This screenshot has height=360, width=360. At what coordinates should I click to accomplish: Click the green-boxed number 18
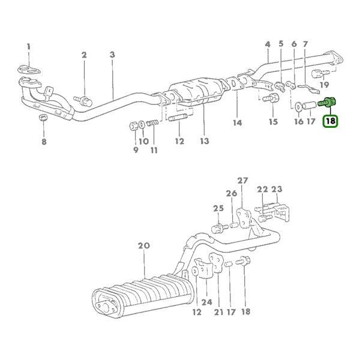tap(329, 121)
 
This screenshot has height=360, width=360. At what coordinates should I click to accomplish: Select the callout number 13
tap(205, 141)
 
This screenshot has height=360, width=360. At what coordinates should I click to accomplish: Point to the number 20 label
tap(143, 245)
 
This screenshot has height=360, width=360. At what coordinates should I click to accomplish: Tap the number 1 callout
tap(28, 46)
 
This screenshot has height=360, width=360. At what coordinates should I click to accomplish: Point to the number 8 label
tap(43, 142)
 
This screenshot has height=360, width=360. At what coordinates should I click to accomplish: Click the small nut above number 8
tap(43, 116)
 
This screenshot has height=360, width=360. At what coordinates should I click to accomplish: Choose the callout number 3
tap(112, 55)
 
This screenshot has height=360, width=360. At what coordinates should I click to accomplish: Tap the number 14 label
tap(238, 123)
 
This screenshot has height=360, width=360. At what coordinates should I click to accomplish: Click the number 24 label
tap(207, 301)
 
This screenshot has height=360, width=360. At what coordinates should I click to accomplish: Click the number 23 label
tap(276, 189)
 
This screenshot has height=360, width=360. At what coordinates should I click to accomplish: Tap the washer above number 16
tap(298, 108)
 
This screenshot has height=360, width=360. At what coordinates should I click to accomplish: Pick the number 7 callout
tap(305, 44)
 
